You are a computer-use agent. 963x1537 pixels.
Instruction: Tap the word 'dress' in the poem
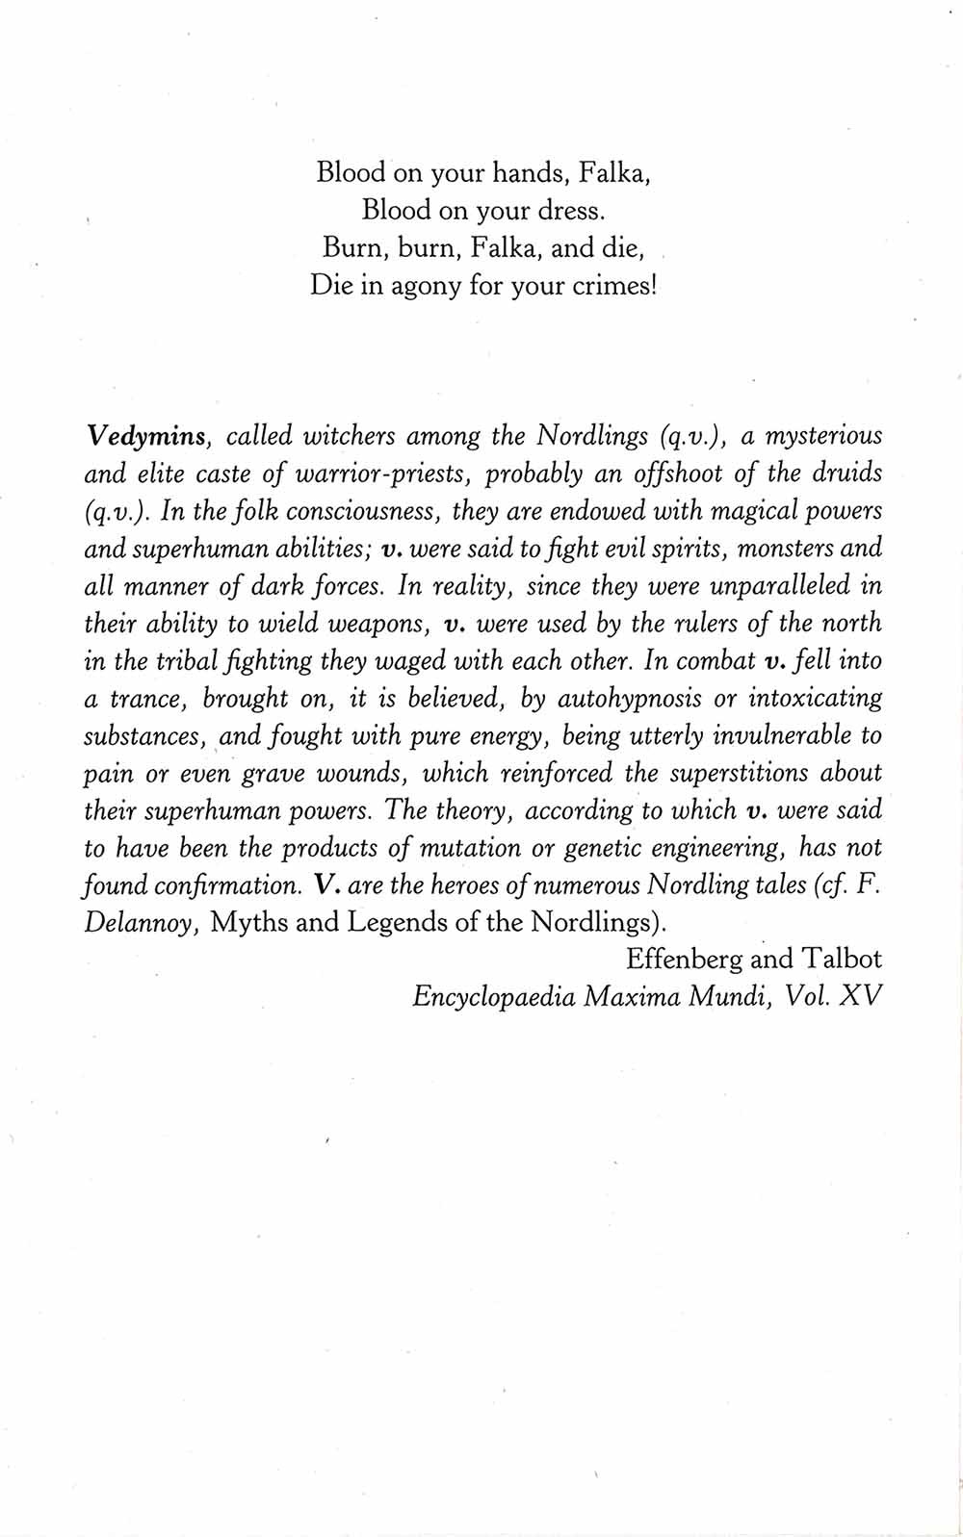point(564,211)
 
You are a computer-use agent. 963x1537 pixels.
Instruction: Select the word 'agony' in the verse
point(426,286)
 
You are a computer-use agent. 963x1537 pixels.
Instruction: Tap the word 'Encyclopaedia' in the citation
point(493,996)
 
